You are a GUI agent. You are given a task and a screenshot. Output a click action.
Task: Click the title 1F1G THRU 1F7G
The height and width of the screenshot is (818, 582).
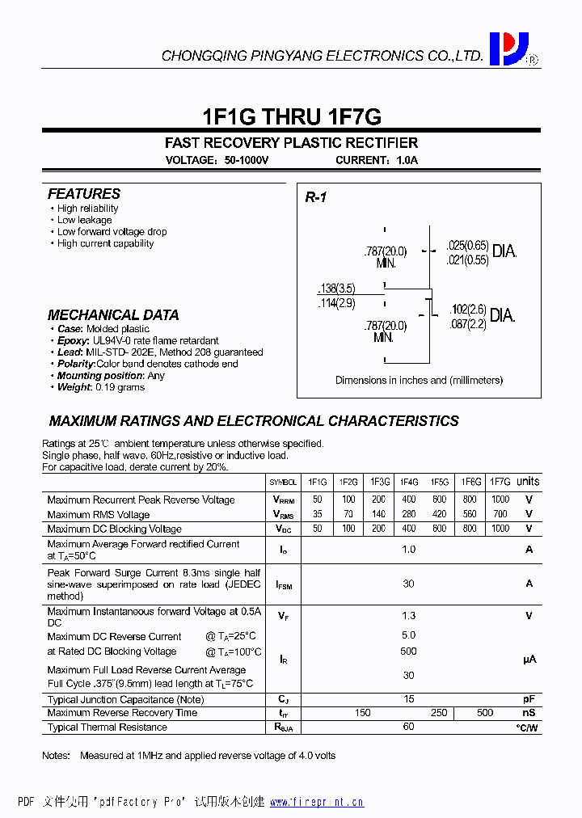291,116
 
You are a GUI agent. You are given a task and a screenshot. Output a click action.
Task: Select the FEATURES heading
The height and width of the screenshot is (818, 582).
84,194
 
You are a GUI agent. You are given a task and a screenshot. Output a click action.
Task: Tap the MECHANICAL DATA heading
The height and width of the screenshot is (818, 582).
113,315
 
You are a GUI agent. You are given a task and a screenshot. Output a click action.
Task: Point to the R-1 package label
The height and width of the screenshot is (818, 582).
315,198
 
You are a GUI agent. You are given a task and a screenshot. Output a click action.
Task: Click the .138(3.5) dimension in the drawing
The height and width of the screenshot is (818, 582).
336,289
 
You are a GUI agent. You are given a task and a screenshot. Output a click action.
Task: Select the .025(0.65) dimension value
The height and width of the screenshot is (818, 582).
468,245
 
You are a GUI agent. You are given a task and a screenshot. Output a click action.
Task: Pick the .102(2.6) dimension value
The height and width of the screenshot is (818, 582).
468,309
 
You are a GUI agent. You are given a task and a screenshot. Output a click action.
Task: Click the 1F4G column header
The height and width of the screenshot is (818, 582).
409,482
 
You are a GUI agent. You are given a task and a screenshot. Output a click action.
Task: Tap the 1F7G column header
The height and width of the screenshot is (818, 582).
500,482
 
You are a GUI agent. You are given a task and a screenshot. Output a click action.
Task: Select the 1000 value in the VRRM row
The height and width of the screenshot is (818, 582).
500,500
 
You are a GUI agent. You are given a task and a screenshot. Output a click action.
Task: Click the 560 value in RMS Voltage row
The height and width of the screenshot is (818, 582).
470,515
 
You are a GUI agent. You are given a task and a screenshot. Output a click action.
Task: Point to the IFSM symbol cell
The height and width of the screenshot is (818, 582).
284,584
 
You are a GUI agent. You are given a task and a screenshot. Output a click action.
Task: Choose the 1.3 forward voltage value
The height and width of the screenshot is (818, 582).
409,616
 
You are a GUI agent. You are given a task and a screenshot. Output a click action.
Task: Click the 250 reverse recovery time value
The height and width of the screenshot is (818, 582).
439,713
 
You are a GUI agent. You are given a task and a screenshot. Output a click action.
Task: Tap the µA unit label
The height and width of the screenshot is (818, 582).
529,660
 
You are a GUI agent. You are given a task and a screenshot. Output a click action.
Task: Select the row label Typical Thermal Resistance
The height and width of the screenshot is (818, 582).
108,727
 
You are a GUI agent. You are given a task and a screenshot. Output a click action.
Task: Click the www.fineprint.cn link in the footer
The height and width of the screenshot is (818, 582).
317,803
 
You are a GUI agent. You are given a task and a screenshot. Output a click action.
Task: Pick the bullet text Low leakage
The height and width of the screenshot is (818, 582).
85,220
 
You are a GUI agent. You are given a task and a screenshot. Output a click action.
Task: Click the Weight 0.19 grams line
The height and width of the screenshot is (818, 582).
101,387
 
